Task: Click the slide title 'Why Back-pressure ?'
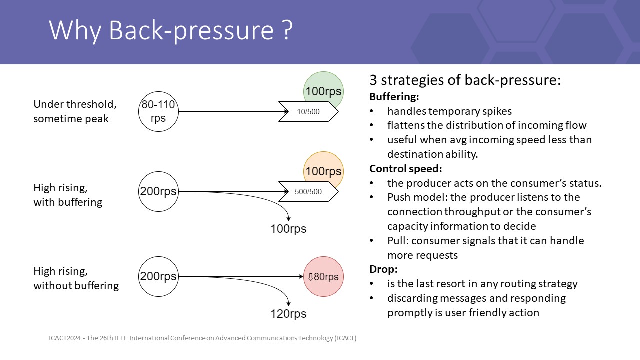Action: pyautogui.click(x=170, y=31)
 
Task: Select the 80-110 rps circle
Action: pyautogui.click(x=158, y=112)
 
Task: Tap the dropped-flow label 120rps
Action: pyautogui.click(x=288, y=314)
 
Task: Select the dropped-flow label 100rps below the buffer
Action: pyautogui.click(x=288, y=229)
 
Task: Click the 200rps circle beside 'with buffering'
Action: pyautogui.click(x=158, y=191)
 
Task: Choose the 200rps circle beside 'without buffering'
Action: pyautogui.click(x=158, y=276)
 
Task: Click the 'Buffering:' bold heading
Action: pyautogui.click(x=394, y=97)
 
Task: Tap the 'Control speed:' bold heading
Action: pyautogui.click(x=406, y=169)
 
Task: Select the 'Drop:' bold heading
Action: pyautogui.click(x=383, y=269)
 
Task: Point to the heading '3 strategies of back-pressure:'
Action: pyautogui.click(x=465, y=80)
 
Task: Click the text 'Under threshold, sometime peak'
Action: pyautogui.click(x=75, y=111)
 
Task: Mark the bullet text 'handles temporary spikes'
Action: pyautogui.click(x=449, y=111)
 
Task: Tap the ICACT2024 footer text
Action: pyautogui.click(x=202, y=338)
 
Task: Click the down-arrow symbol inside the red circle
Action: pyautogui.click(x=310, y=277)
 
